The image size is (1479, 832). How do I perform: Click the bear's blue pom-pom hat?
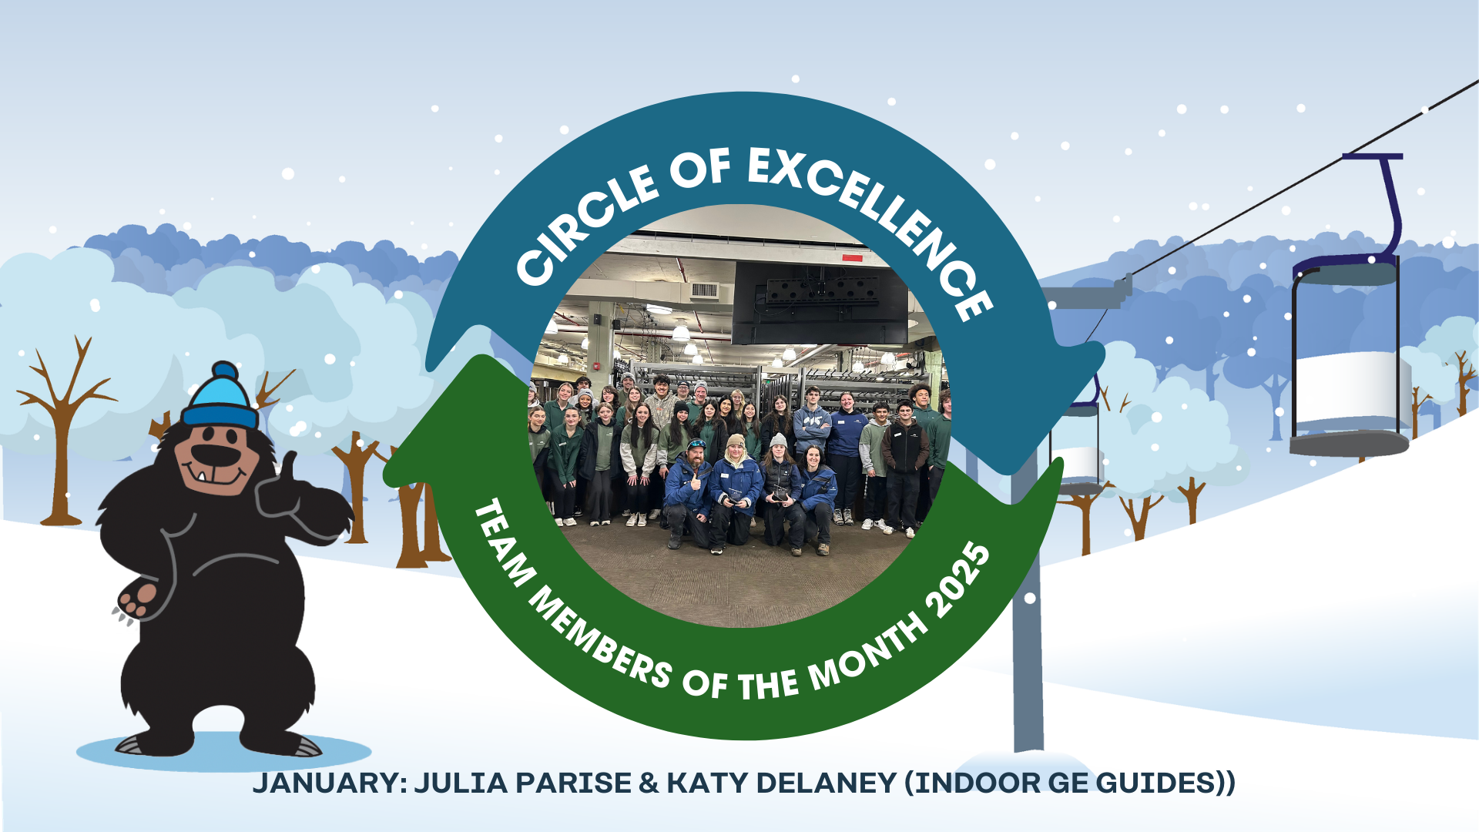coord(220,398)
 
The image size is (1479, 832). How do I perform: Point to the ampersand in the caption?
coord(649,783)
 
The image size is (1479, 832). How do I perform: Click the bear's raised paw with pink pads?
coord(136,598)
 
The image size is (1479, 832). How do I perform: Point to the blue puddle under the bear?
coord(223,750)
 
